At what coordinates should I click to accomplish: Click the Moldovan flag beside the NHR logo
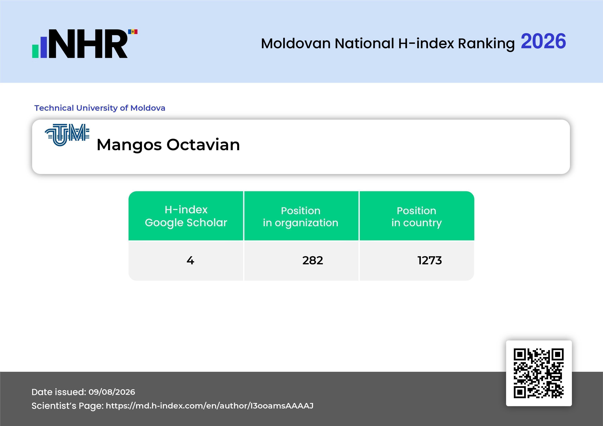pyautogui.click(x=133, y=32)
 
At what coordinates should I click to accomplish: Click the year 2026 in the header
pyautogui.click(x=543, y=41)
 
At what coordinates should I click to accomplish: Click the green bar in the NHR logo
pyautogui.click(x=35, y=51)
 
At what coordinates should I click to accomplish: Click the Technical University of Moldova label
pyautogui.click(x=100, y=108)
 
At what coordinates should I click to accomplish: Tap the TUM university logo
pyautogui.click(x=67, y=135)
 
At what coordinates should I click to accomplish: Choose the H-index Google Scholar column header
pyautogui.click(x=186, y=216)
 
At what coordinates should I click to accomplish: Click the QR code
pyautogui.click(x=539, y=373)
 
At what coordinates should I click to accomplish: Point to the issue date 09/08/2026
pyautogui.click(x=112, y=392)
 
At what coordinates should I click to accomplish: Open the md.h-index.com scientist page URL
pyautogui.click(x=210, y=406)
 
